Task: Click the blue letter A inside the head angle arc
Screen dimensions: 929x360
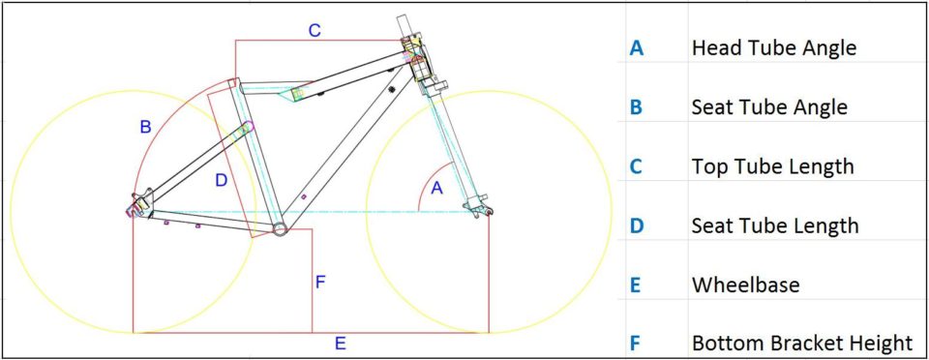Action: pos(436,189)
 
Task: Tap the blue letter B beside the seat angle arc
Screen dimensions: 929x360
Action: pos(145,127)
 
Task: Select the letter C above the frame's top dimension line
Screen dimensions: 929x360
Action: pos(315,30)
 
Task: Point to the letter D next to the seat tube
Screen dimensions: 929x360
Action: pos(221,181)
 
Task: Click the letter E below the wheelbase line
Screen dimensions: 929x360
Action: pos(340,344)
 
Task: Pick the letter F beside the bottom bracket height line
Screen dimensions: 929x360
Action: pos(320,282)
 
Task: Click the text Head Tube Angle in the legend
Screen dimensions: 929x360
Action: pos(774,47)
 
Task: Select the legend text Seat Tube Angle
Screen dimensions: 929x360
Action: pos(769,107)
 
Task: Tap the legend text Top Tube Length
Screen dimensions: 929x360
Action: pos(772,166)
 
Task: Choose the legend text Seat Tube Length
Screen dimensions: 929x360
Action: pos(775,225)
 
